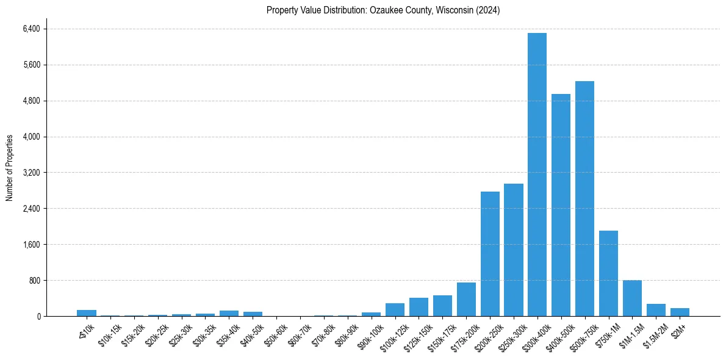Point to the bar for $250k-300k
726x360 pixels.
pos(514,250)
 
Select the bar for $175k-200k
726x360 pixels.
pos(466,300)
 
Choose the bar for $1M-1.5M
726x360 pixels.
pos(632,298)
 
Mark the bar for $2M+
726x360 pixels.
pos(680,312)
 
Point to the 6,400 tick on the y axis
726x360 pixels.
pos(31,29)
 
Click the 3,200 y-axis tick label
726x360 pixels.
pos(31,173)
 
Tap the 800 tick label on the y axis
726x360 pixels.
pos(34,281)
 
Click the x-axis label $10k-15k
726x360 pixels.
pos(110,334)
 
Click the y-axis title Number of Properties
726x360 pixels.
pos(9,167)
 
